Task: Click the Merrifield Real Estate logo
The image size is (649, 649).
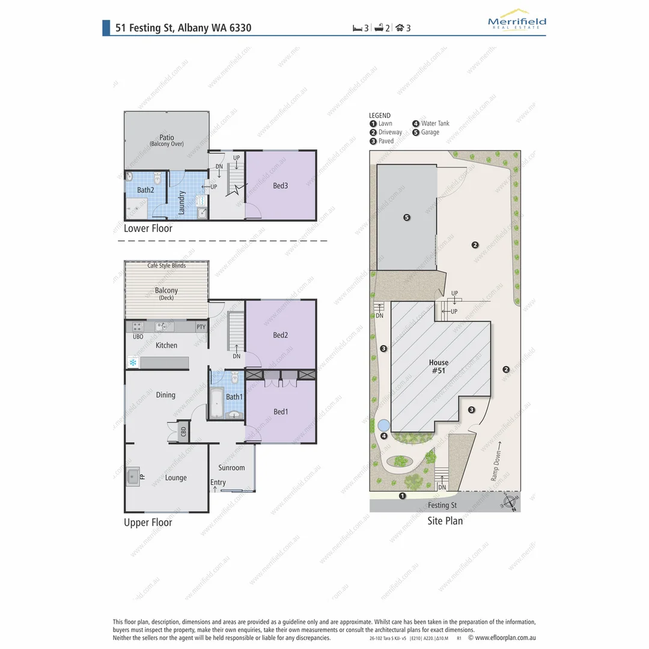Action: coord(517,20)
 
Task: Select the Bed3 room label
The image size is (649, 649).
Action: coord(281,186)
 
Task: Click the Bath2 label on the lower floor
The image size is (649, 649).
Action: coord(145,190)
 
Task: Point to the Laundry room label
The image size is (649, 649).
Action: coord(181,203)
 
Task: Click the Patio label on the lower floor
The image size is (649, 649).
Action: coord(166,138)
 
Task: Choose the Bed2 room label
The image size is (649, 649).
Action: coord(281,335)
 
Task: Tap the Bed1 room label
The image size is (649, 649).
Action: coord(281,412)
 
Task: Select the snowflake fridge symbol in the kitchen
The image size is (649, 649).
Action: coord(132,362)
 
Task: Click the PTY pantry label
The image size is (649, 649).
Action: coord(201,328)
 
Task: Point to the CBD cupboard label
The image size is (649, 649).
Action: coord(183,431)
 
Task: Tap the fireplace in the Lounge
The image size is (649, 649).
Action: coord(133,477)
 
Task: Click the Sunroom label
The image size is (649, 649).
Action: coord(231,468)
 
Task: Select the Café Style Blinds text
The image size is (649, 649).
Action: coord(166,266)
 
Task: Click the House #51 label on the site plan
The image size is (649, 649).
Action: coord(439,367)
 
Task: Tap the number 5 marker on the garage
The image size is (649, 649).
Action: coord(407,217)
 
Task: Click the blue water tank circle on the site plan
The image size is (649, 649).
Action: coord(383,425)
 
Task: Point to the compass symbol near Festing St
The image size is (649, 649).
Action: coord(510,503)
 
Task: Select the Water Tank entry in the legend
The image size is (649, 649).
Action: coord(431,124)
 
